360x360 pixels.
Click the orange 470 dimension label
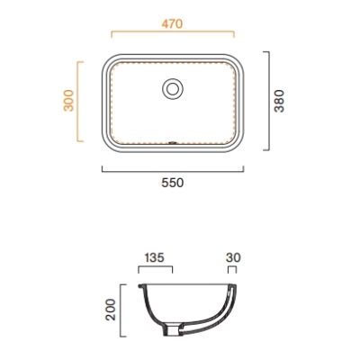pyautogui.click(x=172, y=24)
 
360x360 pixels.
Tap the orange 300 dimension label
pyautogui.click(x=68, y=101)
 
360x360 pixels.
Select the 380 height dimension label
pyautogui.click(x=279, y=101)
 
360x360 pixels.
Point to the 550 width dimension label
pyautogui.click(x=173, y=183)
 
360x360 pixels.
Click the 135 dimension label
pyautogui.click(x=155, y=257)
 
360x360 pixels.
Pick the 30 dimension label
pyautogui.click(x=233, y=257)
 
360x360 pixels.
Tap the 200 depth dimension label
pyautogui.click(x=111, y=310)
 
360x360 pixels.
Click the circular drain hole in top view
pyautogui.click(x=173, y=89)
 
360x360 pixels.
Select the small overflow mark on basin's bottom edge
pyautogui.click(x=173, y=143)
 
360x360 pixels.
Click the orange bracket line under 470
pyautogui.click(x=173, y=31)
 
